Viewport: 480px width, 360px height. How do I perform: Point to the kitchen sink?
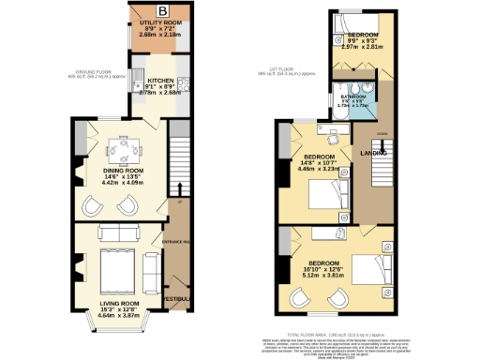(x=138, y=74)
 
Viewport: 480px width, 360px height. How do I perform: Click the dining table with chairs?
(x=121, y=149)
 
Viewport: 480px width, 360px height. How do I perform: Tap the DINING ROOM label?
(x=122, y=171)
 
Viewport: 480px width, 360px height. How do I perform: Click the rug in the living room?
(x=118, y=272)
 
